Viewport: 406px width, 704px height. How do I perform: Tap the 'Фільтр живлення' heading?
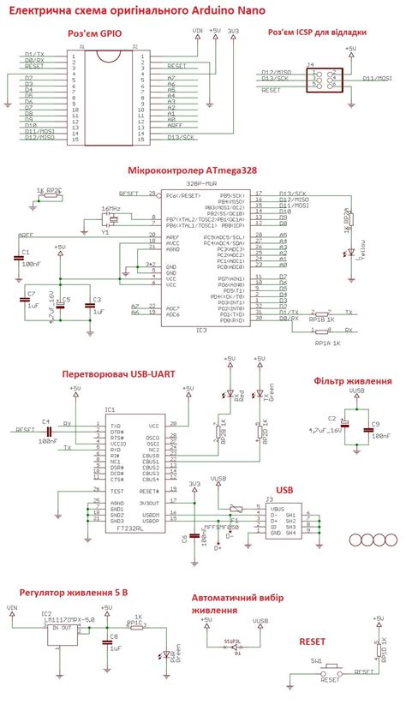[353, 380]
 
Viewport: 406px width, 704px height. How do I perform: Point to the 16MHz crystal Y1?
[110, 221]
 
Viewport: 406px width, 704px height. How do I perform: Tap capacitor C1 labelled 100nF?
[19, 259]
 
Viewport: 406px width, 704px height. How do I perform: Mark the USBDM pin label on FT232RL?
[153, 514]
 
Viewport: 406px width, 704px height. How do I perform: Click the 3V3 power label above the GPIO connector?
[234, 32]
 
